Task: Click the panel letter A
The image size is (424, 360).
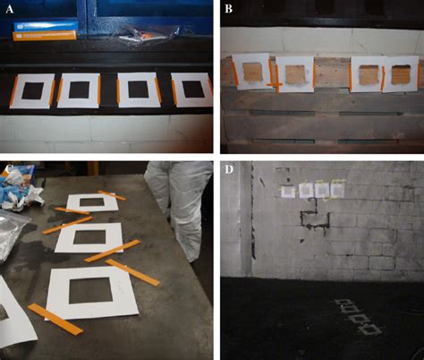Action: coord(10,9)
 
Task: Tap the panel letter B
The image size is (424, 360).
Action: coord(228,9)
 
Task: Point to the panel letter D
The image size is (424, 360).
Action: coord(229,169)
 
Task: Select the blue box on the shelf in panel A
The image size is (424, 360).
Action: coord(46,26)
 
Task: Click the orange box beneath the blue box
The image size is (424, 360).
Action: coord(45,36)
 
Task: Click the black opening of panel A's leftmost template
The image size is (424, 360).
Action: coord(33,91)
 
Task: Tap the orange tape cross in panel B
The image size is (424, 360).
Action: coord(276,85)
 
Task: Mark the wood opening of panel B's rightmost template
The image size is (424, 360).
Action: coord(401,74)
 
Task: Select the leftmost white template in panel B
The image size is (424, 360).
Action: coord(252,72)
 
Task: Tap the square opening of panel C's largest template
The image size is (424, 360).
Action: coord(90,290)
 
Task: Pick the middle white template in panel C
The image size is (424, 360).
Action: coord(89,238)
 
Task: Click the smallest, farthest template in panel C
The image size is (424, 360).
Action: coord(92,202)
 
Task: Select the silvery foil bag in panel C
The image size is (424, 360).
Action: coord(12,236)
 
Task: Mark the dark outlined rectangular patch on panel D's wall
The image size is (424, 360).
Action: coord(315,220)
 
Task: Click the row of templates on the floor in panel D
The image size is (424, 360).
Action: coord(358,317)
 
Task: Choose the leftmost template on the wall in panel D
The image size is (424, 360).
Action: coord(288,192)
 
